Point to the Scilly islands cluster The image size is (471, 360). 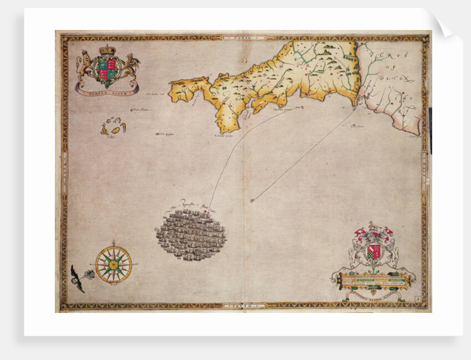[x=113, y=128]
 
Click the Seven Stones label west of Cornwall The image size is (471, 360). [x=139, y=110]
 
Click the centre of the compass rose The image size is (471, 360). [x=113, y=264]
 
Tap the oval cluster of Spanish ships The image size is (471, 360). [x=191, y=235]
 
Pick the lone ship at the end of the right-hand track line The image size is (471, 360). [x=253, y=200]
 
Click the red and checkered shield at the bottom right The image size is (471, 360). [x=374, y=250]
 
